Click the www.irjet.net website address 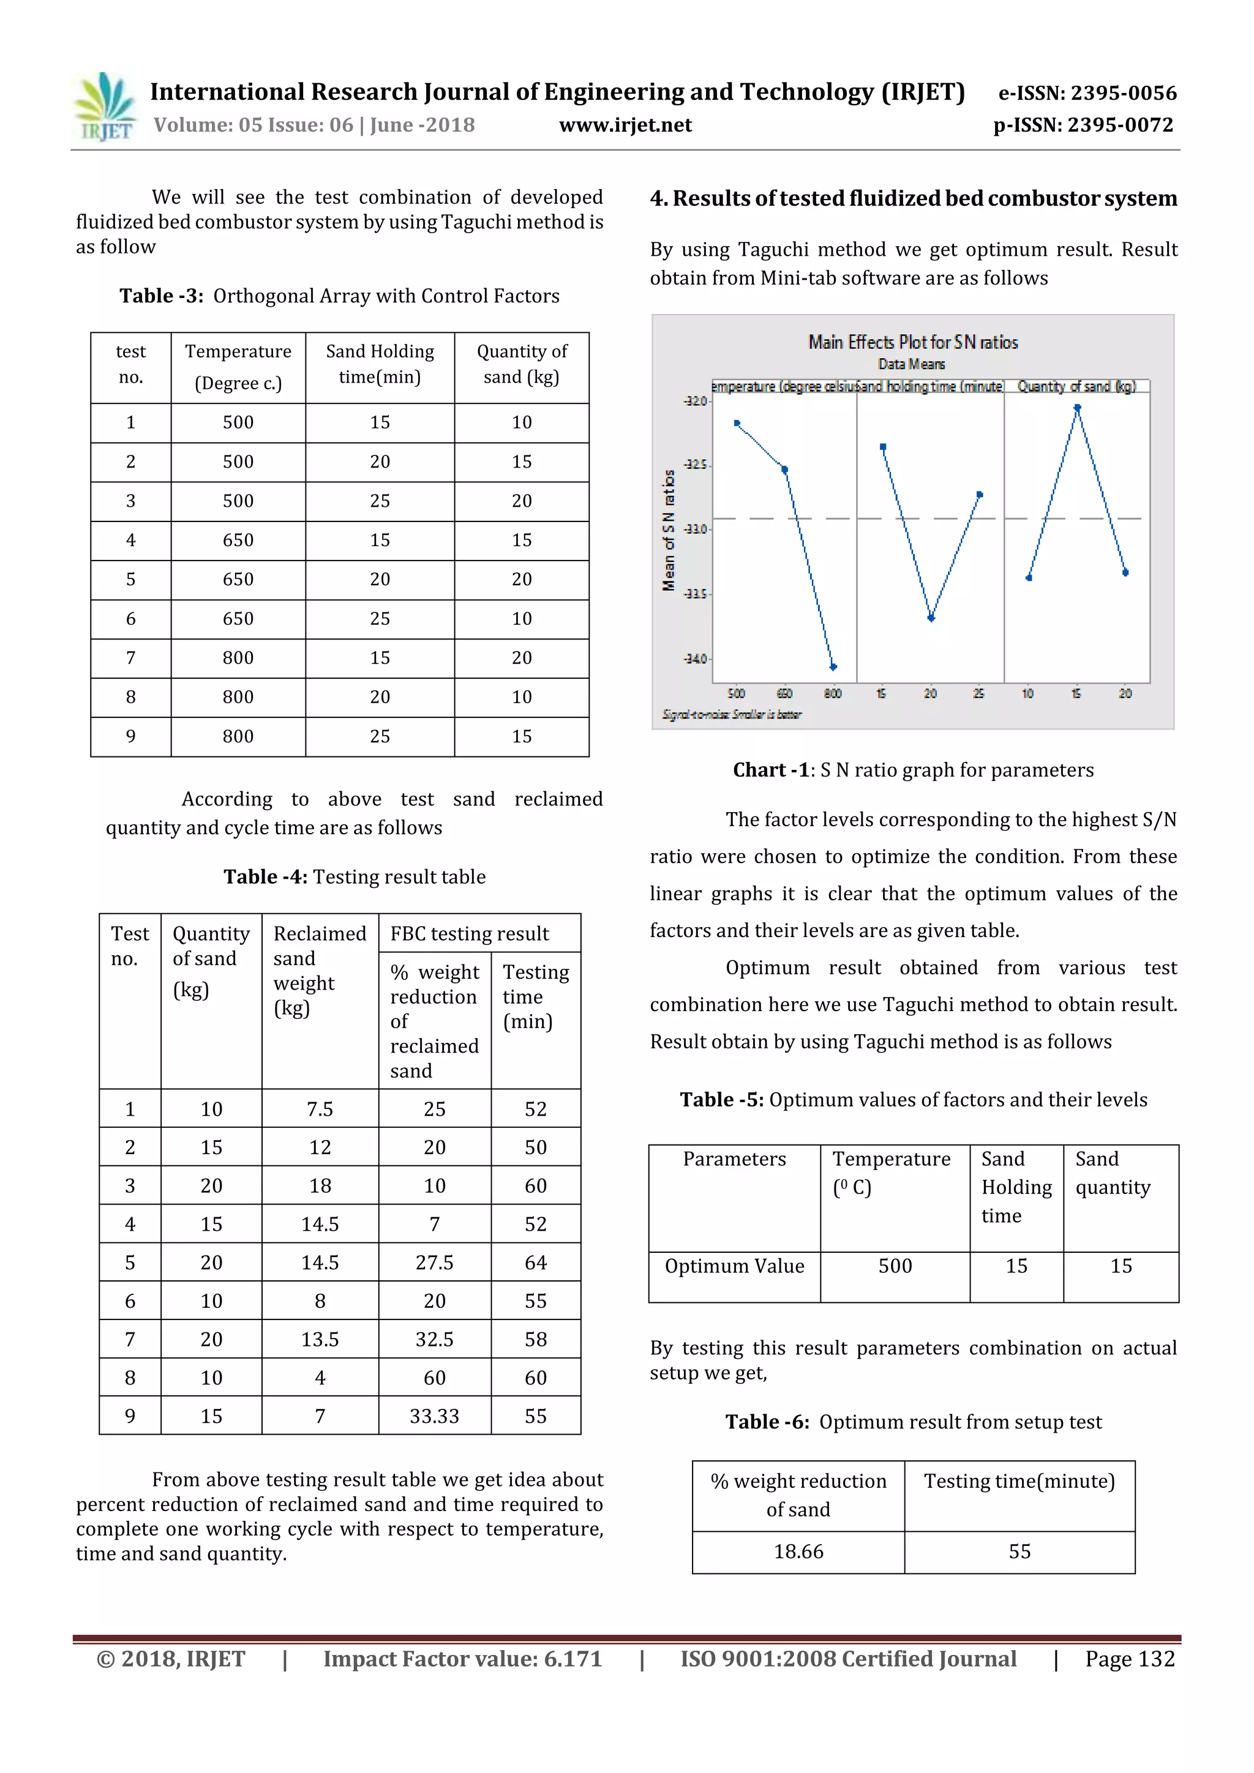[625, 125]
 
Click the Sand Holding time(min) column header [380, 365]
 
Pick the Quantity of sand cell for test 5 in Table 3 [522, 579]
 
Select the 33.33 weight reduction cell [434, 1416]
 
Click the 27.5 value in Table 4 [434, 1263]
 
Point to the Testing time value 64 [535, 1263]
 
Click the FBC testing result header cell [470, 933]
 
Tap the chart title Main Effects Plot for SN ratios [912, 342]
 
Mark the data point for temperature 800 [833, 666]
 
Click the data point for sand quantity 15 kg [1077, 408]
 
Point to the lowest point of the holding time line [931, 618]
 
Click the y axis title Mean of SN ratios [669, 531]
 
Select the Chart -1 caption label [771, 770]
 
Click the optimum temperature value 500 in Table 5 [895, 1266]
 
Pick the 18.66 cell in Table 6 [798, 1551]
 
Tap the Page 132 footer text [1129, 1659]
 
